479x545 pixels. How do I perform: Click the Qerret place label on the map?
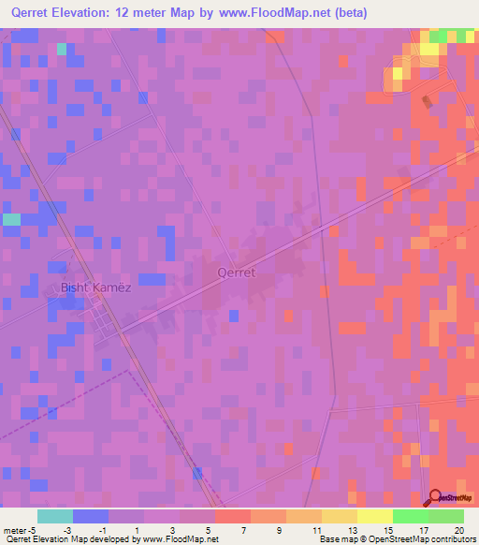click(x=236, y=272)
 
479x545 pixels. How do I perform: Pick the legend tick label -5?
click(x=33, y=530)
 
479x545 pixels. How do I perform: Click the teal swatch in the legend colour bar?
click(x=55, y=516)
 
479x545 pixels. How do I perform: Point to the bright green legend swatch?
click(x=411, y=516)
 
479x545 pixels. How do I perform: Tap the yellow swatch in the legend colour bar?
click(x=375, y=516)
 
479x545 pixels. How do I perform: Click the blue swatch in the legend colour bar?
click(x=91, y=516)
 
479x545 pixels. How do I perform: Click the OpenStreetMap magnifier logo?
click(x=436, y=497)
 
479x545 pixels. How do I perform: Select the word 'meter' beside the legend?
click(x=15, y=530)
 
